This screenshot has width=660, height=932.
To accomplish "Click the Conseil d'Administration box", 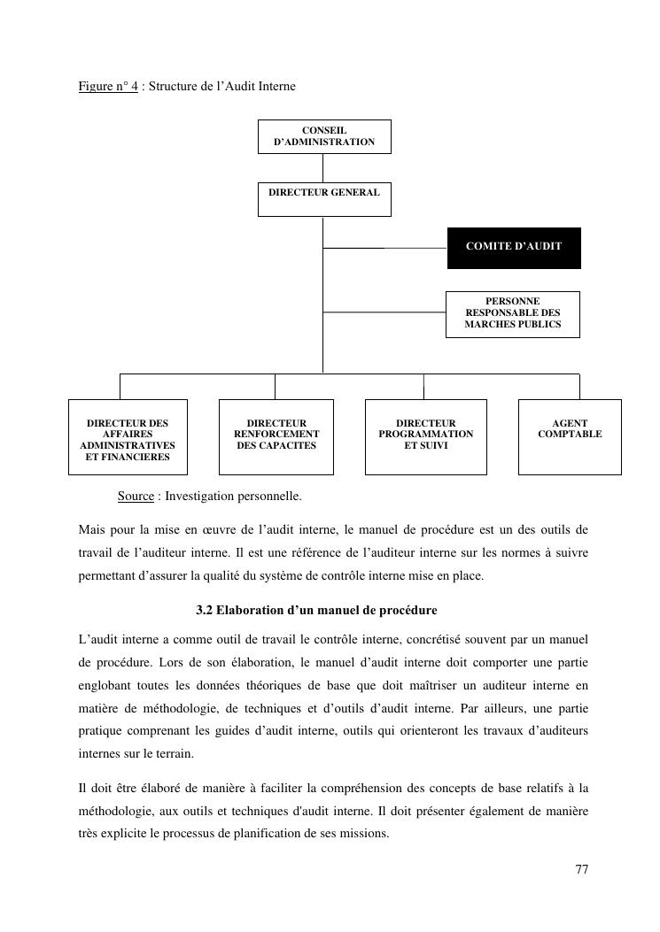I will click(x=323, y=136).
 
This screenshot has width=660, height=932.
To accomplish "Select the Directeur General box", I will click(x=323, y=199).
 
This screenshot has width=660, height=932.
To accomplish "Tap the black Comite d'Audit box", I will click(x=513, y=247).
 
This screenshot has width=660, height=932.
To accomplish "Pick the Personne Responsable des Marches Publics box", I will click(x=512, y=313).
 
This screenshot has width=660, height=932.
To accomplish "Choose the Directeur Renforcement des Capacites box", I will click(x=276, y=435).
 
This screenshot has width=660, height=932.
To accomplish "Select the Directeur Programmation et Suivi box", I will click(x=425, y=435).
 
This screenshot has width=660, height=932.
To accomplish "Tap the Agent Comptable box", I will click(x=570, y=435).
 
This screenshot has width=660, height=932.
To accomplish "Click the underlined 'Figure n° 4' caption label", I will click(x=107, y=87).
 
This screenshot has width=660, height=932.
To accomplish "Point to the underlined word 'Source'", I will click(x=136, y=496).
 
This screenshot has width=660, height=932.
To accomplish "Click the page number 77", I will click(x=581, y=869).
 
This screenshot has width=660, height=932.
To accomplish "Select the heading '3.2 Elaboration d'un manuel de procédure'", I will click(x=316, y=611).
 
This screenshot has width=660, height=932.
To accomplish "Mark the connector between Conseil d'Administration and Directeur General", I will click(x=322, y=168).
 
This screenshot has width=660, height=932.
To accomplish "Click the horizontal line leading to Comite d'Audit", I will click(x=384, y=248).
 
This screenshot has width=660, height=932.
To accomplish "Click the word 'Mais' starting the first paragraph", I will click(x=91, y=530).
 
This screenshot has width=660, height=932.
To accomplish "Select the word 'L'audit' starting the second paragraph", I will click(x=97, y=638).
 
